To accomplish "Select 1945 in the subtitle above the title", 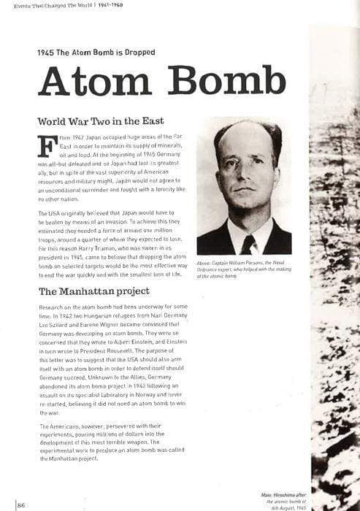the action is click(x=46, y=52).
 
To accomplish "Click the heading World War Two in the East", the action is click(x=101, y=120).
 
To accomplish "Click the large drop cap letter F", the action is click(x=47, y=145).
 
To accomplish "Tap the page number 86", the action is click(x=21, y=504).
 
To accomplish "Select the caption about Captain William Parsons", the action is click(x=243, y=270).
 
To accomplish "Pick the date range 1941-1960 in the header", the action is click(x=112, y=6).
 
